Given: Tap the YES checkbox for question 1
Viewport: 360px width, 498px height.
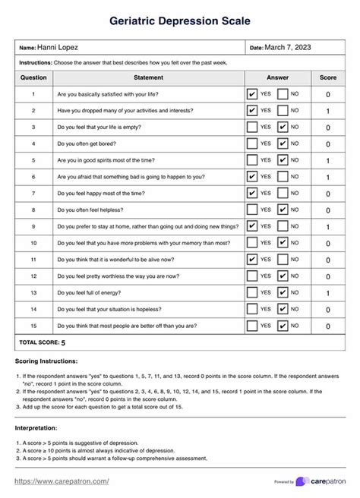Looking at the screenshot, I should click(252, 94).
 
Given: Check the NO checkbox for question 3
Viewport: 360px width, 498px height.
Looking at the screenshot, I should click(283, 128).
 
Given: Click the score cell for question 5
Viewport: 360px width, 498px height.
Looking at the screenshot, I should click(327, 161).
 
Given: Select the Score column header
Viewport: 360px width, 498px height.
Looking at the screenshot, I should click(327, 77).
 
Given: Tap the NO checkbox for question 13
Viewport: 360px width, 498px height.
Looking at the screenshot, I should click(283, 292).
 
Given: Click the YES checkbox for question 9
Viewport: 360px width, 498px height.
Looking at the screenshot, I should click(252, 226).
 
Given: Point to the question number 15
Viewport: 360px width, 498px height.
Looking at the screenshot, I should click(33, 326).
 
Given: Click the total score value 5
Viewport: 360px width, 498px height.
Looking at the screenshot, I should click(63, 342).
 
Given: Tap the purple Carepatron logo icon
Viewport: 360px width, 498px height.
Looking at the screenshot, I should click(302, 481).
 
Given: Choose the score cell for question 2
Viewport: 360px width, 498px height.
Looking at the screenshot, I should click(327, 111).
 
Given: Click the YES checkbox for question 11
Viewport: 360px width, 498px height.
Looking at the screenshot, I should click(252, 260).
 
